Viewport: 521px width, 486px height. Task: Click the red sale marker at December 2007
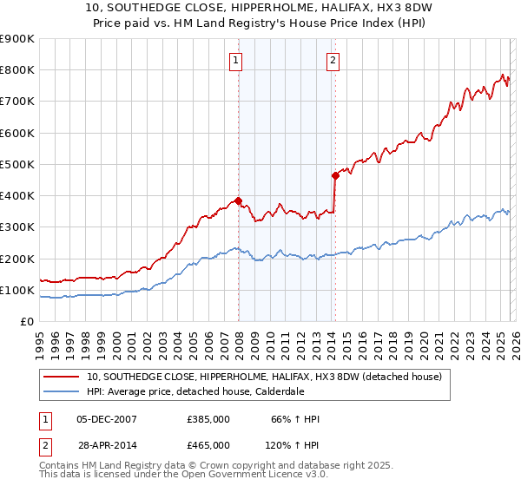click(238, 200)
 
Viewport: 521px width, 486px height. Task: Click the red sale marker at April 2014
click(335, 175)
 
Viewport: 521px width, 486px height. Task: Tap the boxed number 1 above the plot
click(236, 60)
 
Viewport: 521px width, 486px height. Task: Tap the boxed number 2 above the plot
click(333, 60)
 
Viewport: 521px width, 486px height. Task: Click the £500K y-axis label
click(17, 164)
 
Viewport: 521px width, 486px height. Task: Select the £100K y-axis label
click(17, 290)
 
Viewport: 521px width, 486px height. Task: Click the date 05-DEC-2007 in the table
click(107, 420)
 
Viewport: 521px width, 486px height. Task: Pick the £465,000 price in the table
click(208, 444)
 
